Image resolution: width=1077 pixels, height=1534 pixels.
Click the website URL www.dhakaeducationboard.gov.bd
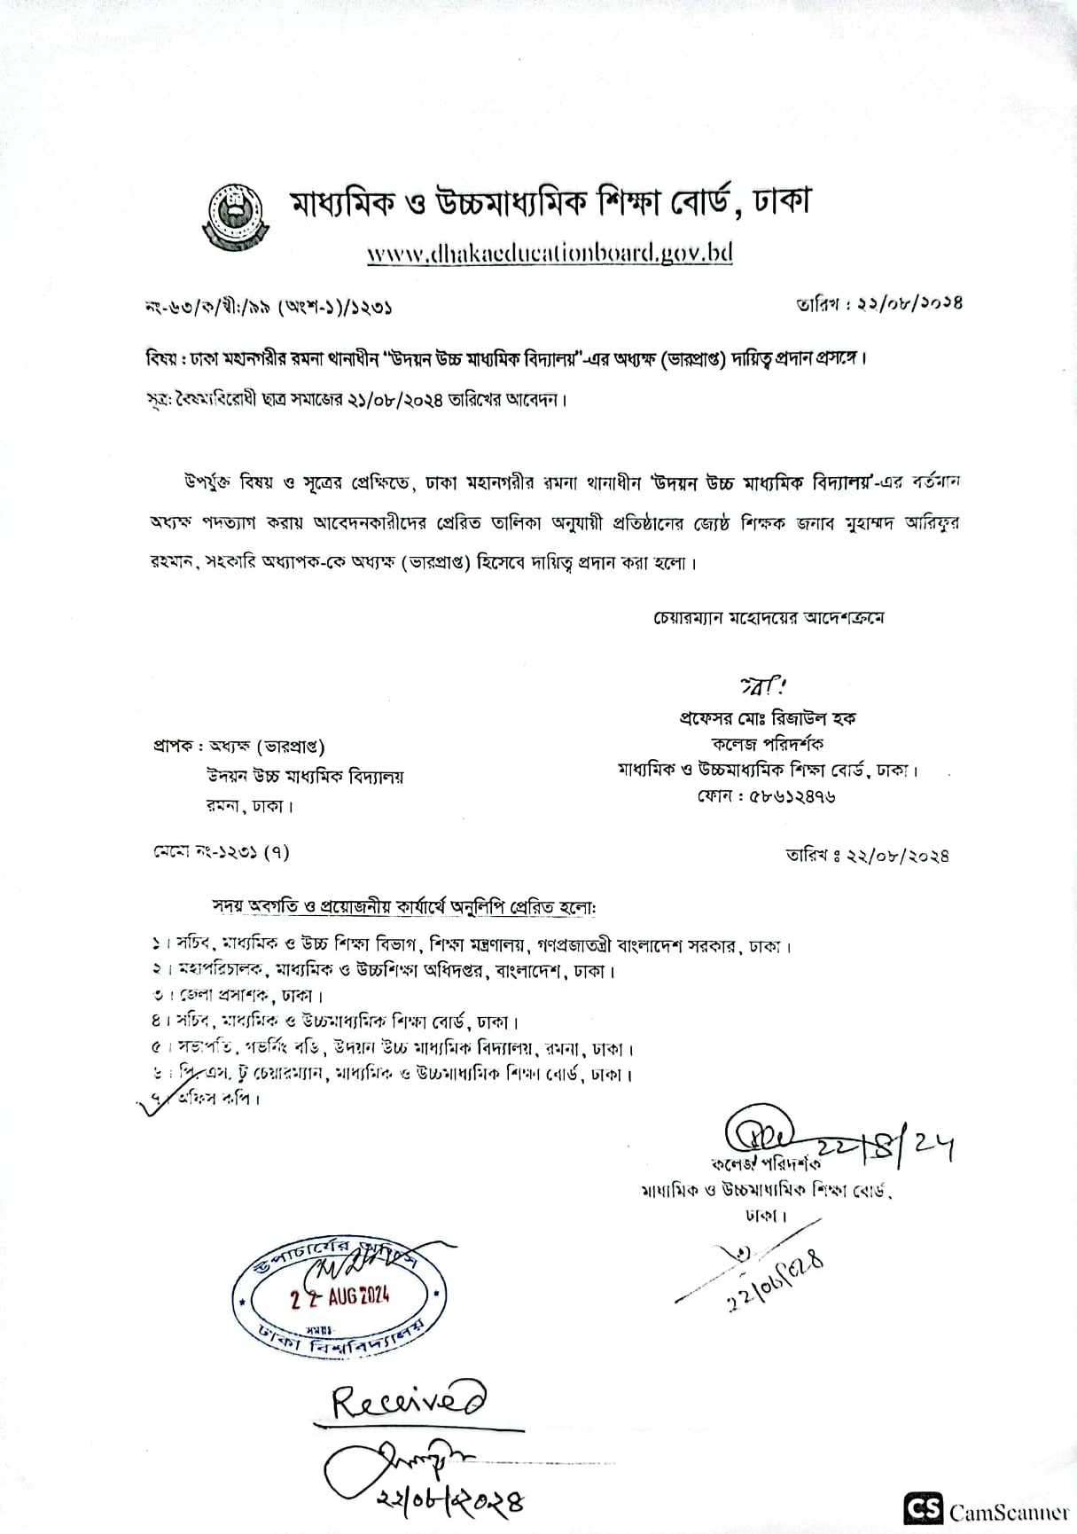550,254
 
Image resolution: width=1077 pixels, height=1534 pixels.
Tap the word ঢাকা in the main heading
781,203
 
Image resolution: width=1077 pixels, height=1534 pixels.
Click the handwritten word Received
410,1400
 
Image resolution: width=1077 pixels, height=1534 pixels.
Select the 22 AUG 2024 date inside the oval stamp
340,1297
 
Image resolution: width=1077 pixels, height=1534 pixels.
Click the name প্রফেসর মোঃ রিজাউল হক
767,718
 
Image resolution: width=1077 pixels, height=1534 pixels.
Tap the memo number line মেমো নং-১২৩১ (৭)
221,852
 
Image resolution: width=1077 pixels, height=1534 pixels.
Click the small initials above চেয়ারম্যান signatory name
763,685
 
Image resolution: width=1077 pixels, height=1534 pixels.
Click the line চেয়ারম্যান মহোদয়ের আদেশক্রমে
768,617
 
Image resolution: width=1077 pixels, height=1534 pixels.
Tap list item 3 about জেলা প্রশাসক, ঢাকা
238,996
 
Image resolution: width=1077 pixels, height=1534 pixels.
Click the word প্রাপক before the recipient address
172,747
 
